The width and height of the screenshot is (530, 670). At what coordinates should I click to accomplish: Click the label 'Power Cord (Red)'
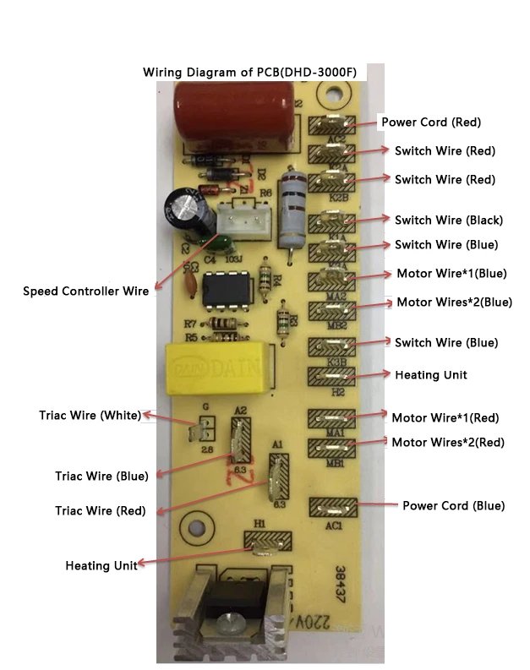point(431,123)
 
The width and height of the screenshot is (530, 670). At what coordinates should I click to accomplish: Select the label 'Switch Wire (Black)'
point(448,221)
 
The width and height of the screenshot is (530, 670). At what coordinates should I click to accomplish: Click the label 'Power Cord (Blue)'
point(453,506)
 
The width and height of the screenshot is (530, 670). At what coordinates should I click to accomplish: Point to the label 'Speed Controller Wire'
point(85,291)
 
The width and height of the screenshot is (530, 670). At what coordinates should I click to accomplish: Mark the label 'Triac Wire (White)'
point(90,416)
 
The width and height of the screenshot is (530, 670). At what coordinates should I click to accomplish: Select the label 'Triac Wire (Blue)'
point(101,477)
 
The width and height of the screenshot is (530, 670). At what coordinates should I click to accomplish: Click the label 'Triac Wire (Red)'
point(100,511)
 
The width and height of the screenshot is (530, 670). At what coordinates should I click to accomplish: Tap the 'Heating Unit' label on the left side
point(101,566)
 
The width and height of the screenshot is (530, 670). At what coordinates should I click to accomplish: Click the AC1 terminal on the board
point(333,508)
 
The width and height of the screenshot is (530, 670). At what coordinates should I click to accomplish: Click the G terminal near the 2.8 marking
point(203,431)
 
